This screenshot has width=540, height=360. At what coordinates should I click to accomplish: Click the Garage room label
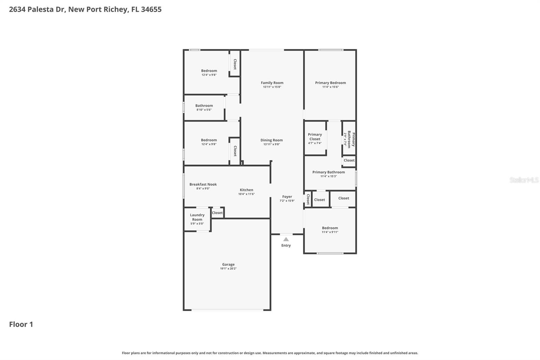[228, 264]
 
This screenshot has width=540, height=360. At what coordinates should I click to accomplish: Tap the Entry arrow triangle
[286, 239]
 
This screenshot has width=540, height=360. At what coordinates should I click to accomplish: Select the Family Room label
[272, 83]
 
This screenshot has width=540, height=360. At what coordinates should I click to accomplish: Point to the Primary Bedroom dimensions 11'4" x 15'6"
[330, 87]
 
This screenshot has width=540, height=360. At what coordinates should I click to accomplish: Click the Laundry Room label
[197, 217]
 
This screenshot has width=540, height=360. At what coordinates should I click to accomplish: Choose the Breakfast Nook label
[203, 184]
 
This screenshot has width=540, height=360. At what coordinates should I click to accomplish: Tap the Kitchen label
[246, 190]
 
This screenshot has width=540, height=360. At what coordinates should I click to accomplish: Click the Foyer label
[287, 197]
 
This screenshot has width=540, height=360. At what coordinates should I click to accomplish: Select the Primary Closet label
[315, 137]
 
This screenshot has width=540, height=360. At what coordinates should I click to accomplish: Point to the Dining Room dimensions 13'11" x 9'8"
[271, 145]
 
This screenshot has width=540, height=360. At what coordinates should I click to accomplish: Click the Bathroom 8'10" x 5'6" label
[204, 106]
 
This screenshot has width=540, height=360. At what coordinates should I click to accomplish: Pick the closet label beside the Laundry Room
[217, 213]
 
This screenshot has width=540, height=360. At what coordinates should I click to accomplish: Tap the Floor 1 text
[21, 324]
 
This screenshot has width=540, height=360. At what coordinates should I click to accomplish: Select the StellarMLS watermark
[524, 180]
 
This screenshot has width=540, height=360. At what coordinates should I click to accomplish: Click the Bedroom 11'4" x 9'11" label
[330, 228]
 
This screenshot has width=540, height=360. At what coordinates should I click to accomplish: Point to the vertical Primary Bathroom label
[351, 139]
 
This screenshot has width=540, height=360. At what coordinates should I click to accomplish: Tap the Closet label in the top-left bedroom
[235, 64]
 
